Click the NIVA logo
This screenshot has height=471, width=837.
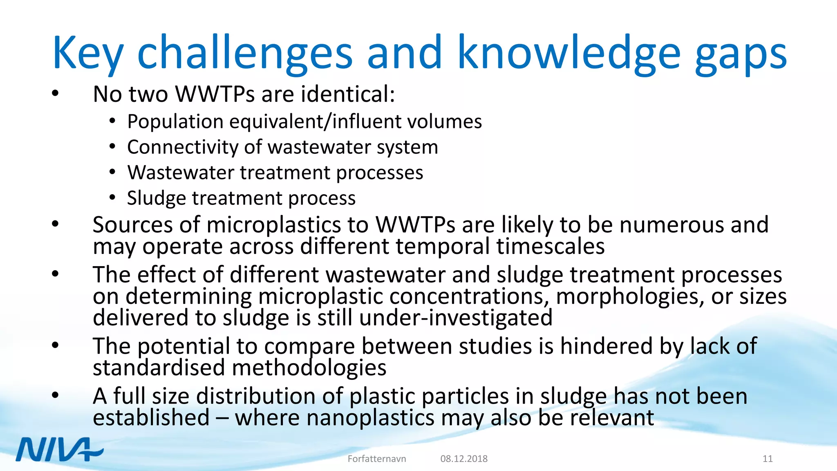(60, 450)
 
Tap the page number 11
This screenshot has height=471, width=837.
(768, 459)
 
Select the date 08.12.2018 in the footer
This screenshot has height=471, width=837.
(464, 459)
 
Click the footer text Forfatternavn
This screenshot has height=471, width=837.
(377, 459)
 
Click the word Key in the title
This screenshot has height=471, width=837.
(87, 53)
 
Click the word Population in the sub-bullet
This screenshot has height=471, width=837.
(175, 122)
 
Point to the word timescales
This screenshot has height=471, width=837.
(551, 247)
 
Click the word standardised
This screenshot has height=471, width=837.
(159, 368)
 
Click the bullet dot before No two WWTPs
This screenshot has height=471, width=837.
(56, 94)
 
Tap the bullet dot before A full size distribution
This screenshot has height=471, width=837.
(56, 395)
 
